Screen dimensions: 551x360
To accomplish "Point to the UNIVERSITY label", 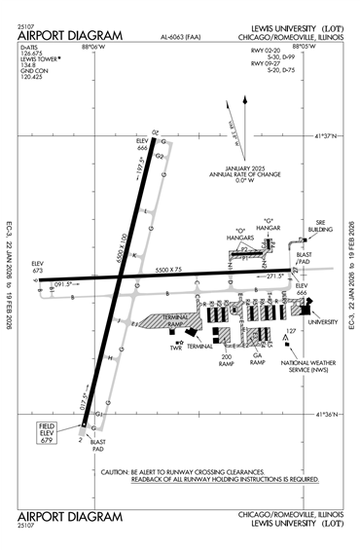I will (322, 321).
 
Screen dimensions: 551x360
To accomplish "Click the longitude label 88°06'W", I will (95, 46).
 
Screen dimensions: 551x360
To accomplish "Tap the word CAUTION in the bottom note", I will (120, 471).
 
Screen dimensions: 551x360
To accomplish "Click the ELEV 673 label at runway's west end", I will (38, 267).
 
